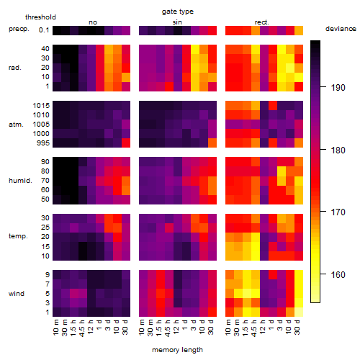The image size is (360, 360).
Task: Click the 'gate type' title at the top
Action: (178, 12)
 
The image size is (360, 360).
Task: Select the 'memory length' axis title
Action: (177, 350)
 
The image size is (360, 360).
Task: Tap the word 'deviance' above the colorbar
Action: (341, 29)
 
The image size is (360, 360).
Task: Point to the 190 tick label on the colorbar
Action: (338, 88)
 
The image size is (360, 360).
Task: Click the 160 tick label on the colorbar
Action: (338, 274)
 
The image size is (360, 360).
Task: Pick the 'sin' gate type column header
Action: (177, 22)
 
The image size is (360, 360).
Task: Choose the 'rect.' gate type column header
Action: (261, 22)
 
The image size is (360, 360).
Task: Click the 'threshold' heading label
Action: (40, 17)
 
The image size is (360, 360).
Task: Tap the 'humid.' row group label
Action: (20, 181)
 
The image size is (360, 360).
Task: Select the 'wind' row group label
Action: (17, 294)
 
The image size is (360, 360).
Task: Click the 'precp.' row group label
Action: (19, 29)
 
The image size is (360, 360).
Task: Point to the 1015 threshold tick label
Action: (41, 106)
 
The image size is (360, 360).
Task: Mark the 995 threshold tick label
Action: (43, 143)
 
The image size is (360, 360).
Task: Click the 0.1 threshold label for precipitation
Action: (44, 30)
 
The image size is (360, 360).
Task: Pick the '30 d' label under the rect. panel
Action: (297, 328)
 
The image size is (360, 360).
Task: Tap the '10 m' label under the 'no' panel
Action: (55, 328)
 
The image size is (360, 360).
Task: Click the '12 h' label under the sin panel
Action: (176, 328)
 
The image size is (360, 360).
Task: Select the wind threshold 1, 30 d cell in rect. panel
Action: (299, 312)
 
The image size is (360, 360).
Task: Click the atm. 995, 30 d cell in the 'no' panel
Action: (126, 143)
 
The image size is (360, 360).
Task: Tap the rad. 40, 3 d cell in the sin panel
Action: (195, 49)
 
